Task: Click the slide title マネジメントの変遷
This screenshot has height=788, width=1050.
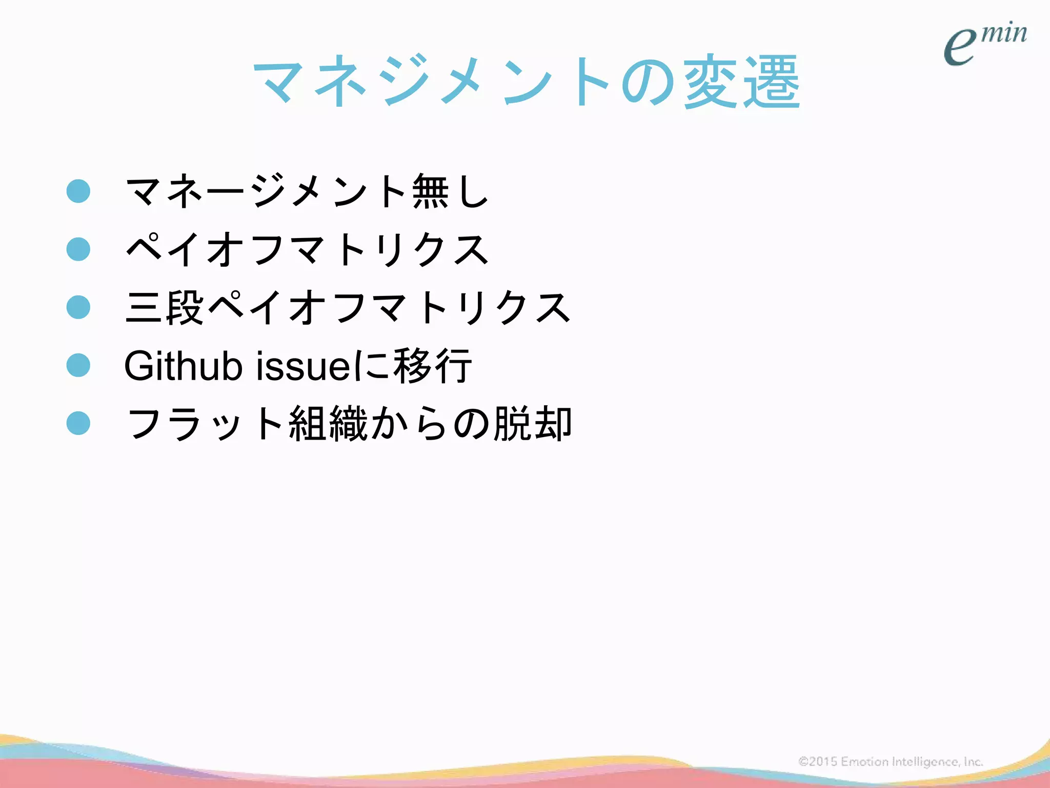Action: pos(527,82)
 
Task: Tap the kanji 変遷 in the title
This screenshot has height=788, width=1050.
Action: pos(742,82)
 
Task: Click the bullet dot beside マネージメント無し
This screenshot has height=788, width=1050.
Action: pos(78,191)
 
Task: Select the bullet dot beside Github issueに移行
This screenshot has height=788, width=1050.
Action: pos(78,365)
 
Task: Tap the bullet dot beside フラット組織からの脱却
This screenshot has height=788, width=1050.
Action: pos(78,423)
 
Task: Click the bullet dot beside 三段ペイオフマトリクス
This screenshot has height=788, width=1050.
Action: pos(78,307)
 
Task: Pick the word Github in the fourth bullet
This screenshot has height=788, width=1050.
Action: pos(183,365)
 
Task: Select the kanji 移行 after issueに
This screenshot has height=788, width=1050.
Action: pos(432,365)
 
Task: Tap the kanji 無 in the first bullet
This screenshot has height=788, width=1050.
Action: pos(431,191)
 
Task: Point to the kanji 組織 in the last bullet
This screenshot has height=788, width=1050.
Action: pos(328,423)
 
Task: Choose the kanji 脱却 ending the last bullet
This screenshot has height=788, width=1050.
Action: pos(532,423)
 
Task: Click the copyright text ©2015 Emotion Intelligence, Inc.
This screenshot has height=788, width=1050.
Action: pos(891,762)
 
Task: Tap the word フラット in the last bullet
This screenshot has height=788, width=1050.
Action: pos(205,423)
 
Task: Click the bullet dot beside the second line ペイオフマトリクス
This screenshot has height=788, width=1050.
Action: pos(78,249)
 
